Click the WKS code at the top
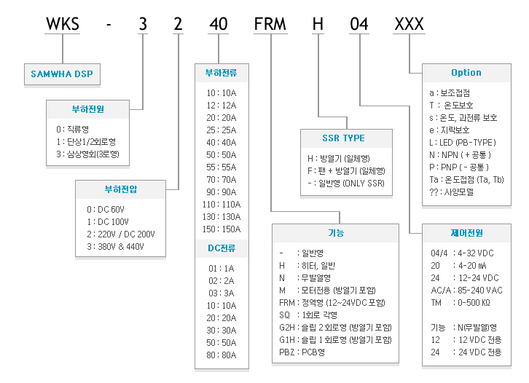coord(63,24)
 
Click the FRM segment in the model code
coord(270,24)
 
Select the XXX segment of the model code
coord(409,24)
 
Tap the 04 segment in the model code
coord(359,24)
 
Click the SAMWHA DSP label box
coord(62,74)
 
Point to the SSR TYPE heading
coord(343,138)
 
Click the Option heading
coord(466,73)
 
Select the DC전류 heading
coord(222,248)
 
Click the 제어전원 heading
coord(466,233)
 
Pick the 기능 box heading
coord(336,233)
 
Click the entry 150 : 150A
coord(222,229)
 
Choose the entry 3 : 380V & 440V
coord(115,247)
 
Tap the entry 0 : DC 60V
coord(106,210)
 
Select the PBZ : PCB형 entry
coord(302,352)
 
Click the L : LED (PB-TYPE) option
coord(463,143)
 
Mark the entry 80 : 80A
coord(222,355)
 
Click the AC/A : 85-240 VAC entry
coord(466,291)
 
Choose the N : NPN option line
coord(460,155)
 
